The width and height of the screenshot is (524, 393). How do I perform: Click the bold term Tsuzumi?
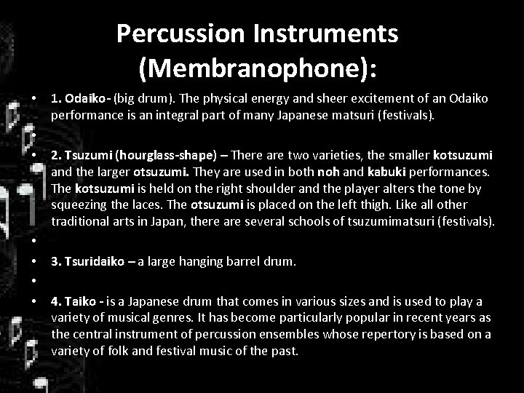[x=87, y=155]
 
